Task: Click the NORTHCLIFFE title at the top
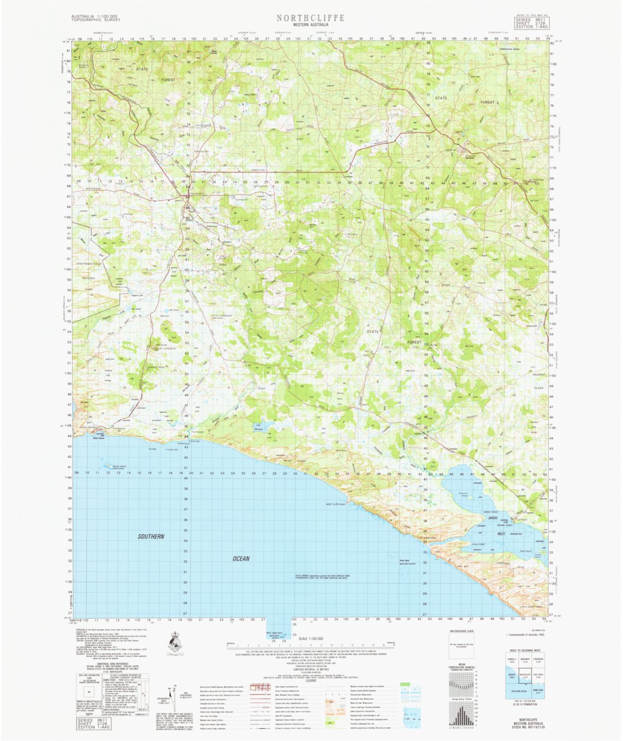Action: pos(311,18)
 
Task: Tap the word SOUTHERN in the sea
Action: pos(151,537)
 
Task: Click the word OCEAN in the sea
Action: pos(241,558)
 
